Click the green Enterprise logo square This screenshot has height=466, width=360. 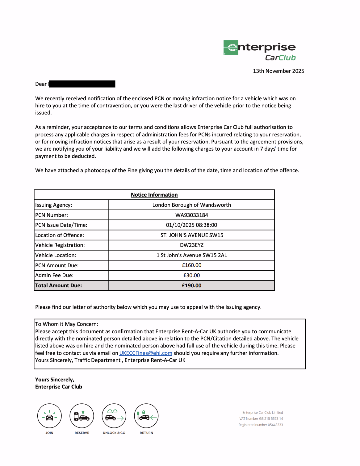click(231, 48)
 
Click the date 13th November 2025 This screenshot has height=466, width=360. click(278, 71)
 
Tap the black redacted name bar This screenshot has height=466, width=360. click(82, 84)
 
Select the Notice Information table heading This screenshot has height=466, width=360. click(154, 195)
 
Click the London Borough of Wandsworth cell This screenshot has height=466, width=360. click(191, 205)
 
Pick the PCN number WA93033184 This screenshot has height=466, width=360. click(191, 215)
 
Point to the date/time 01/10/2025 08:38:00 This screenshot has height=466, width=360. click(191, 225)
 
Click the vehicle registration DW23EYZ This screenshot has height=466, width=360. click(191, 245)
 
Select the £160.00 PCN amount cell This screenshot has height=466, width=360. click(191, 265)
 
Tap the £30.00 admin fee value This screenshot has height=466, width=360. click(191, 275)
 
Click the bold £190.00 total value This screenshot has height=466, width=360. click(191, 285)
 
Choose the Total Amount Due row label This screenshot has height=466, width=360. click(59, 285)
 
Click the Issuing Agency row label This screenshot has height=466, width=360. click(54, 205)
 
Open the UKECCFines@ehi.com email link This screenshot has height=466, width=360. click(146, 353)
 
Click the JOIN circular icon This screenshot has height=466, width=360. click(49, 416)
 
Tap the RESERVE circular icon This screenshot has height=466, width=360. click(82, 416)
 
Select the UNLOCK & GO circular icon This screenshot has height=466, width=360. click(114, 416)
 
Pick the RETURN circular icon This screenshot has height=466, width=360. click(146, 416)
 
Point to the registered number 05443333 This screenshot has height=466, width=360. click(275, 425)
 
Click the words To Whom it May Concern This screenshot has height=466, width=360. click(67, 324)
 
